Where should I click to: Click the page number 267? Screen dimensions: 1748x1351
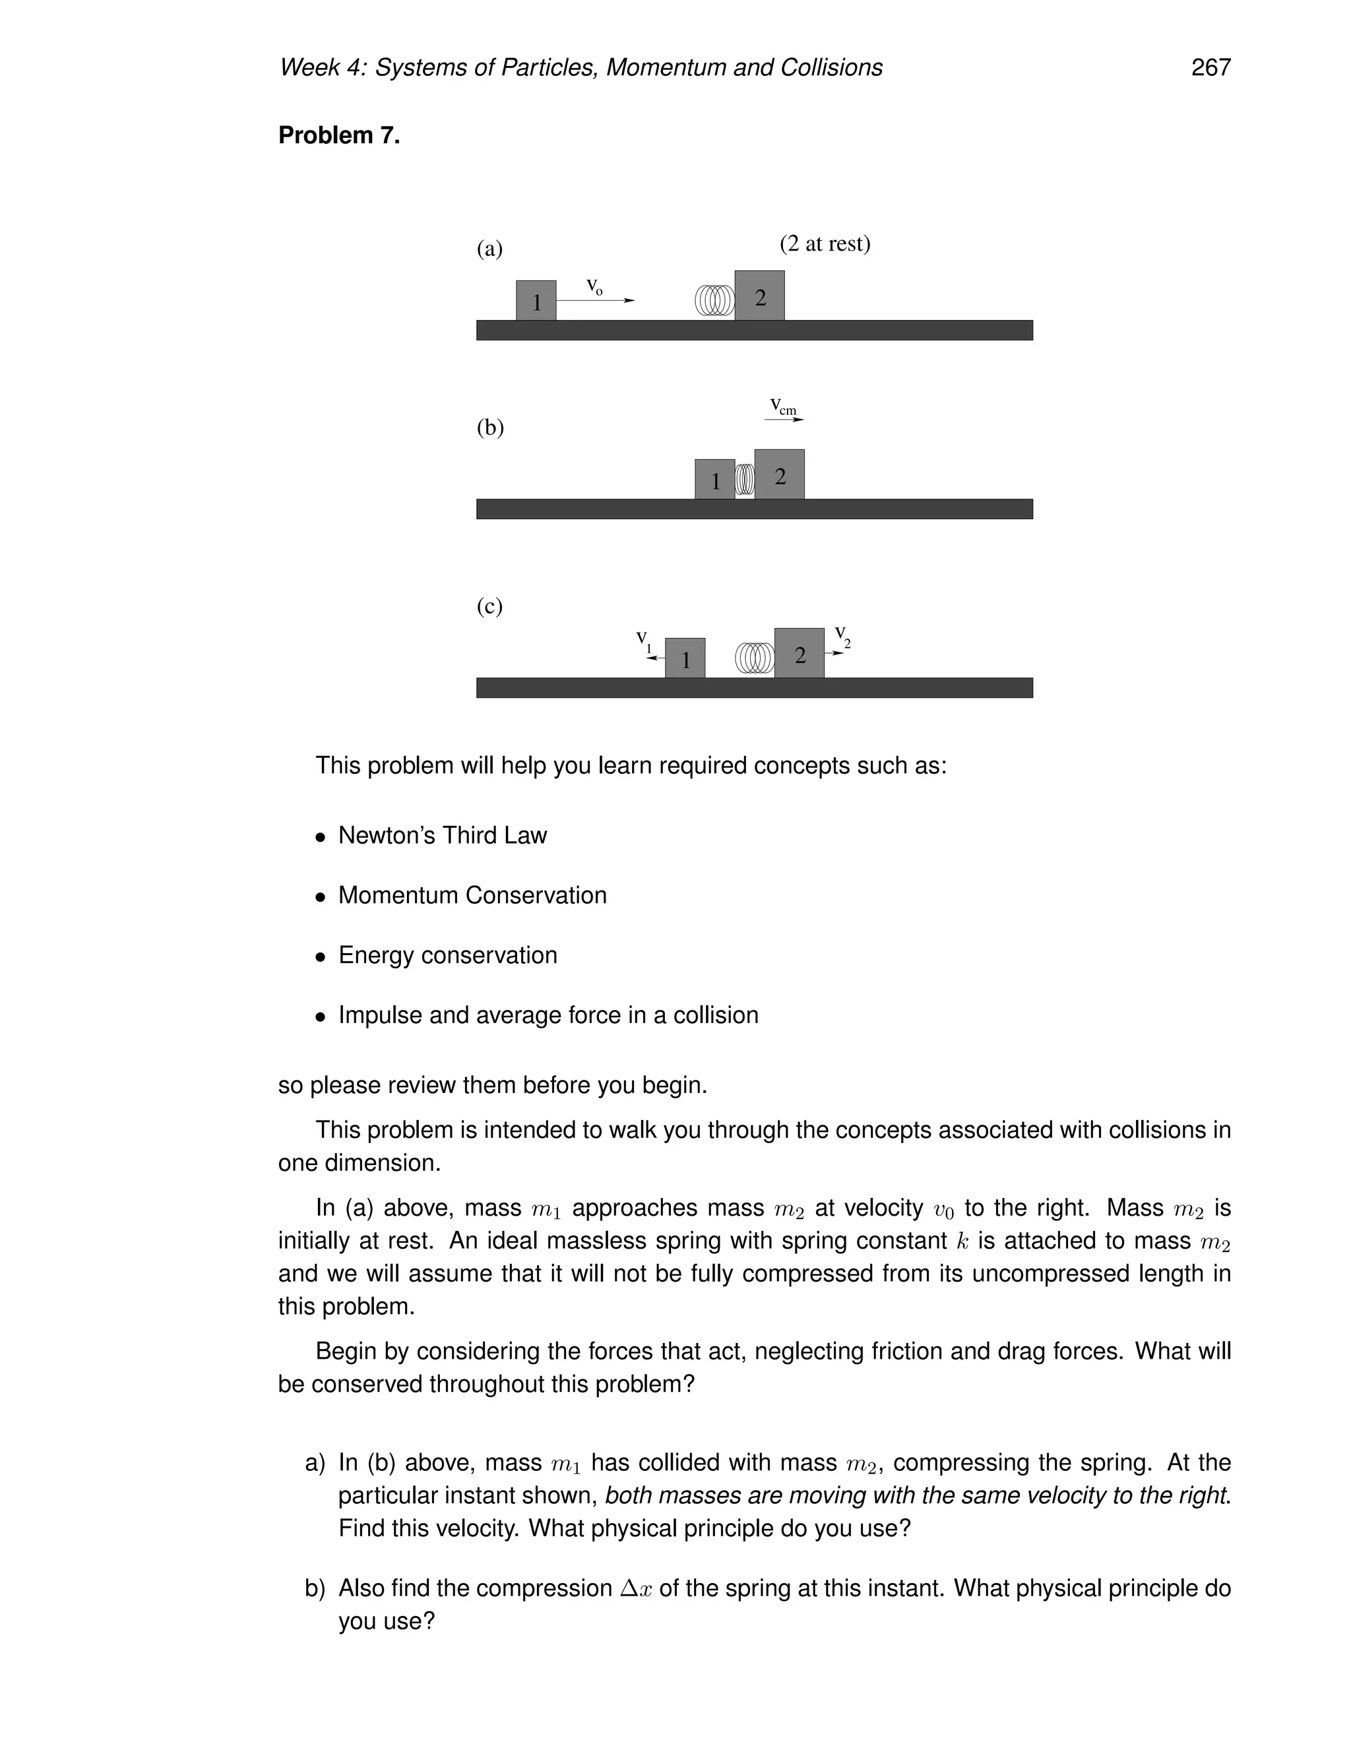1210,68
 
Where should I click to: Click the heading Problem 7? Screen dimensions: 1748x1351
338,135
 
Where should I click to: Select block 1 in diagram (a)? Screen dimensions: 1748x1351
536,301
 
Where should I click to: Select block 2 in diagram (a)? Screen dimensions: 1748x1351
759,296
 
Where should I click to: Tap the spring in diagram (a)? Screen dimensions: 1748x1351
714,300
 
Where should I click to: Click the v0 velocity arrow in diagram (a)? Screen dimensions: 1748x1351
596,300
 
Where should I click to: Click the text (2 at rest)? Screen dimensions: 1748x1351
825,243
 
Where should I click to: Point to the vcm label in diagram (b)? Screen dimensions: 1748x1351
783,406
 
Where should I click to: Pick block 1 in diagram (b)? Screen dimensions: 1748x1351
714,480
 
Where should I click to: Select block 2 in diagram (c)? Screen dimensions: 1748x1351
799,654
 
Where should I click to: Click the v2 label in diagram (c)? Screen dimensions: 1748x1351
842,635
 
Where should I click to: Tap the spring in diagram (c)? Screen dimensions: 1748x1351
754,658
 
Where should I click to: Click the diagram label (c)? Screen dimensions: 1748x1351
490,606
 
